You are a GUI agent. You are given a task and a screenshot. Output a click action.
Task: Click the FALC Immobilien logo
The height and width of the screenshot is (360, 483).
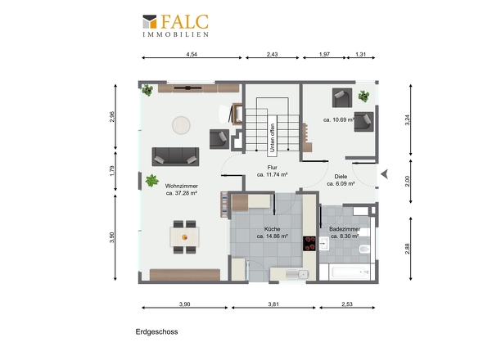click(x=175, y=25)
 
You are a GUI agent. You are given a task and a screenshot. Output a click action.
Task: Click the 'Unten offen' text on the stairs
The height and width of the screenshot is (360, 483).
click(x=272, y=137)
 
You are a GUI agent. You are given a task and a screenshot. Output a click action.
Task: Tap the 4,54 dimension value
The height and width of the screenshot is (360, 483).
click(x=192, y=54)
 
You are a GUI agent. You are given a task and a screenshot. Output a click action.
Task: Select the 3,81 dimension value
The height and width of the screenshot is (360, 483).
click(x=273, y=304)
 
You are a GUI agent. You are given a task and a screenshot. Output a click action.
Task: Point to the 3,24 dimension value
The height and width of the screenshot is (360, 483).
click(x=407, y=119)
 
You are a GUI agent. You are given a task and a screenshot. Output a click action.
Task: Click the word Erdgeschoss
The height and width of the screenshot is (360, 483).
click(x=157, y=331)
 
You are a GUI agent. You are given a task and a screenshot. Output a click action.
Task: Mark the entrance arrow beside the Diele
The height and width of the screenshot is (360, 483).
click(x=384, y=174)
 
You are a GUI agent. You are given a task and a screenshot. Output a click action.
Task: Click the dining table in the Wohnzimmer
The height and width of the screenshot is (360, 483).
click(x=184, y=236)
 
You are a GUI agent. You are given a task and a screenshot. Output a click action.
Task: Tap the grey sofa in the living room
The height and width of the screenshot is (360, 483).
click(x=175, y=157)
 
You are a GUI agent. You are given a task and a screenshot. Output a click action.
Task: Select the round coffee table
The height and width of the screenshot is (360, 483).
click(x=181, y=125)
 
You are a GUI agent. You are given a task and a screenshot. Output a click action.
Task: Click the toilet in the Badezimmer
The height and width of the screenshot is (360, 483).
click(x=364, y=249)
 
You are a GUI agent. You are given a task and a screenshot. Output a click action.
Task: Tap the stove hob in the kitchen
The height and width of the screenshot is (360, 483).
click(x=309, y=244)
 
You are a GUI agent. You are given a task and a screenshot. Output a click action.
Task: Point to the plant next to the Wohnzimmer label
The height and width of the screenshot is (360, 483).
click(x=152, y=181)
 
